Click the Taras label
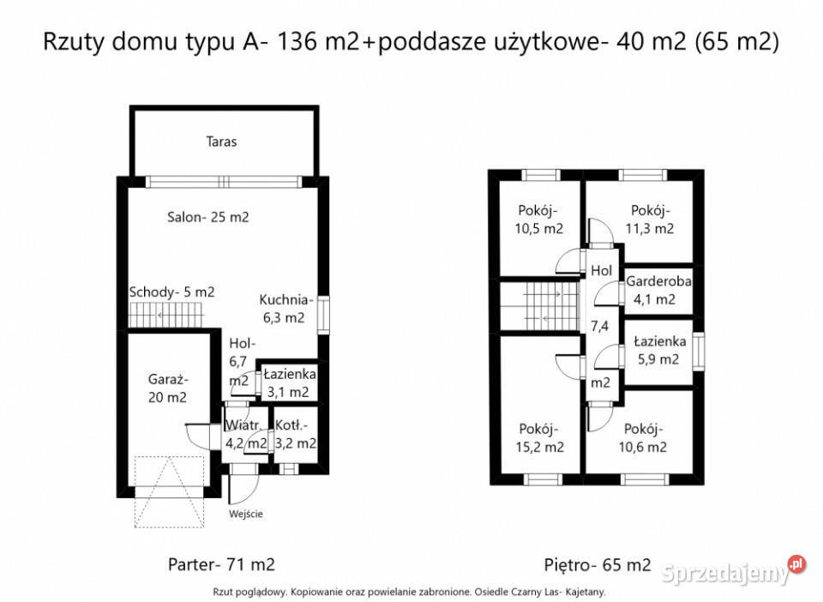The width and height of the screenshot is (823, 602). (x=221, y=141)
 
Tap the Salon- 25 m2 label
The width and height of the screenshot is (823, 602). (x=207, y=217)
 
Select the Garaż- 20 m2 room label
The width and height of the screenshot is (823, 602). (x=167, y=388)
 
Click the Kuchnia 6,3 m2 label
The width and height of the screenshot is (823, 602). (x=283, y=309)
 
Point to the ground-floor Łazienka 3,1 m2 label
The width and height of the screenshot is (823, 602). (x=290, y=383)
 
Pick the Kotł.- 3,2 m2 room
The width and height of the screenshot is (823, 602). (x=296, y=434)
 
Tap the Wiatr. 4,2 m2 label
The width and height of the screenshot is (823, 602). (x=246, y=435)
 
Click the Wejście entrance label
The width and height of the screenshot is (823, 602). (x=246, y=515)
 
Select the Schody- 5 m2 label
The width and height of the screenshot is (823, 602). (x=171, y=292)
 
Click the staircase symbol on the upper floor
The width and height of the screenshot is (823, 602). (x=542, y=307)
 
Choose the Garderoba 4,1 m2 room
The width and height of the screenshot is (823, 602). (x=658, y=290)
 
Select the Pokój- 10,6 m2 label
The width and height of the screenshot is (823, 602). (x=645, y=437)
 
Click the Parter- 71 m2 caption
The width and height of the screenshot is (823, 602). (x=221, y=565)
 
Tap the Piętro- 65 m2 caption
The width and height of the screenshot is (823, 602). (x=598, y=565)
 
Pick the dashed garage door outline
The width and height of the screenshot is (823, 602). (x=169, y=491)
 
